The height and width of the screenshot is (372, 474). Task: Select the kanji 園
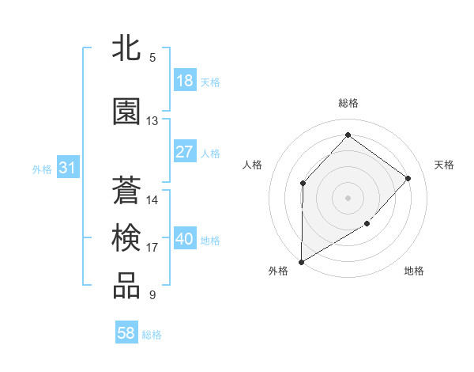click(x=127, y=112)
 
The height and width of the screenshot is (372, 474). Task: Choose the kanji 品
click(x=127, y=287)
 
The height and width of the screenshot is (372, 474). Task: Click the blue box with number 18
click(x=184, y=81)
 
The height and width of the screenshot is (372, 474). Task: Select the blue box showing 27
click(x=184, y=152)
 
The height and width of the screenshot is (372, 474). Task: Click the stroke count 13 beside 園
click(x=152, y=121)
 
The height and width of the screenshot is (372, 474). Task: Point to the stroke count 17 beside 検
click(x=152, y=248)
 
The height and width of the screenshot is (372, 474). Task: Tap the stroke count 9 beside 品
click(x=152, y=296)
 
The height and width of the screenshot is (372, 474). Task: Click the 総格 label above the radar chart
click(x=348, y=103)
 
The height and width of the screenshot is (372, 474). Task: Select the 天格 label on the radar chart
click(x=444, y=165)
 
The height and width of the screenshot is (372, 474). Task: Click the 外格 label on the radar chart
click(x=278, y=271)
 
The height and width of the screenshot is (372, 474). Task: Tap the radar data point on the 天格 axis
click(x=408, y=178)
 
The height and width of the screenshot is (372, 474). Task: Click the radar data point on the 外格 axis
click(x=301, y=261)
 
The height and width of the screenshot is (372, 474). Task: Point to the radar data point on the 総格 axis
click(x=348, y=135)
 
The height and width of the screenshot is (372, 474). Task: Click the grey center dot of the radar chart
click(x=348, y=197)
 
